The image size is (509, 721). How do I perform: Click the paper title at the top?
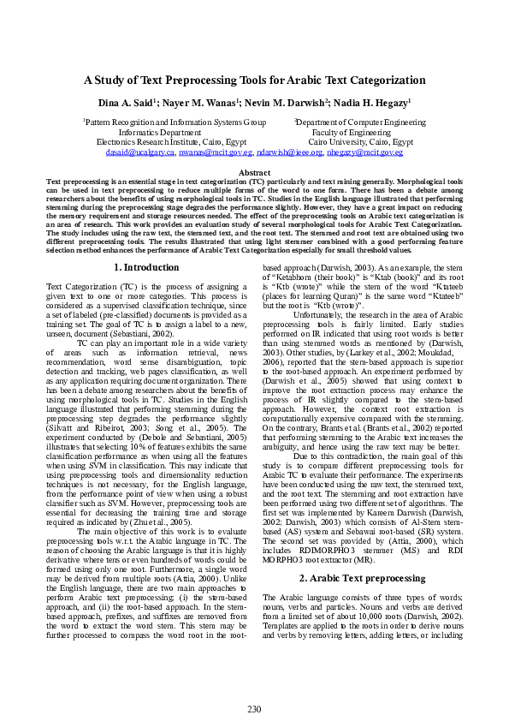(254, 80)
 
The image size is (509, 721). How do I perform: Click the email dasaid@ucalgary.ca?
(141, 152)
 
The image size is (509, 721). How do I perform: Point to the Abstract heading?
(254, 173)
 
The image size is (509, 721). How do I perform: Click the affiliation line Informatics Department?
(159, 133)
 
